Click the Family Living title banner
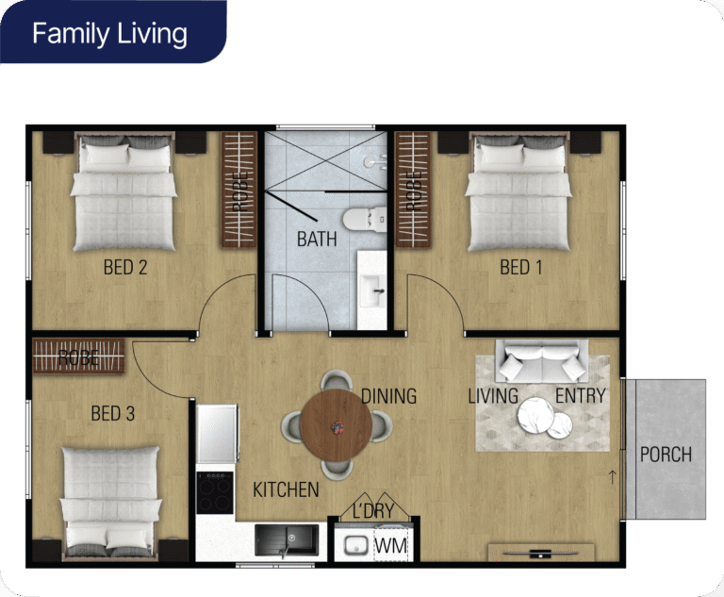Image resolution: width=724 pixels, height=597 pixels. point(113,32)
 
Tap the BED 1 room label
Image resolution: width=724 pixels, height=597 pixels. point(520,268)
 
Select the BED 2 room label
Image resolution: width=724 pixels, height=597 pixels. point(125,268)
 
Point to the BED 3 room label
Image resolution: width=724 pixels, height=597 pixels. point(113,413)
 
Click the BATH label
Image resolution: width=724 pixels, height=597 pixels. point(317,240)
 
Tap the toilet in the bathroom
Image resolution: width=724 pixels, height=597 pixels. point(365,220)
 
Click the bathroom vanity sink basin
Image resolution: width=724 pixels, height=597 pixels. point(372,290)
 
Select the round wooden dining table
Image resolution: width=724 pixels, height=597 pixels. point(337,425)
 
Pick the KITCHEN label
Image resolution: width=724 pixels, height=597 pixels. point(286,489)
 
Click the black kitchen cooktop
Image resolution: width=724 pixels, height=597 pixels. point(215,492)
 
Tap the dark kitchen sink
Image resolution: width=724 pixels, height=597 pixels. point(287,540)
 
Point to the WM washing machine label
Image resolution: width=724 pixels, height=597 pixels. point(390,546)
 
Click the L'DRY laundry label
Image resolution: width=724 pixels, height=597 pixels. point(373,511)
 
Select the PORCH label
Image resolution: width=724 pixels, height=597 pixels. point(666,456)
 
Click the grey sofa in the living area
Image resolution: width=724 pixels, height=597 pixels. point(542,361)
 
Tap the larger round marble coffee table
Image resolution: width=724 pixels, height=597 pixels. point(535,415)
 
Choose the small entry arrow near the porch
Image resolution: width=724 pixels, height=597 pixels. point(613,477)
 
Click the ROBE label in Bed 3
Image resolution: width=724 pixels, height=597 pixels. point(78,357)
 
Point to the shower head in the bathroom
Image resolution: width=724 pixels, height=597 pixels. point(374,161)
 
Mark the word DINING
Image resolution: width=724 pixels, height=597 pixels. point(388,396)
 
